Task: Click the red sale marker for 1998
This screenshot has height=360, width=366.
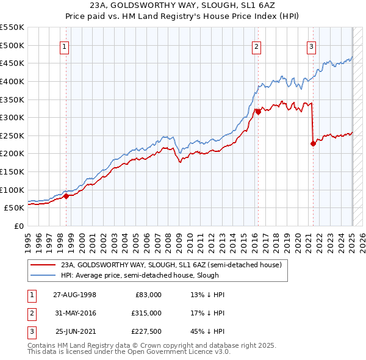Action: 66,196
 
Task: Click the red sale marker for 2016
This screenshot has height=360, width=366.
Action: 258,112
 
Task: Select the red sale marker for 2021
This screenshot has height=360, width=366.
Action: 313,144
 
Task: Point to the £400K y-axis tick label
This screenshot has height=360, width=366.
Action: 12,81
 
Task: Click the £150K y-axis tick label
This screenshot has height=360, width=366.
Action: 12,171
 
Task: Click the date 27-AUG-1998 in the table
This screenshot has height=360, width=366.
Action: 74,295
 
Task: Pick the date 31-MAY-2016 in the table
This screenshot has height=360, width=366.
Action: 74,313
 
